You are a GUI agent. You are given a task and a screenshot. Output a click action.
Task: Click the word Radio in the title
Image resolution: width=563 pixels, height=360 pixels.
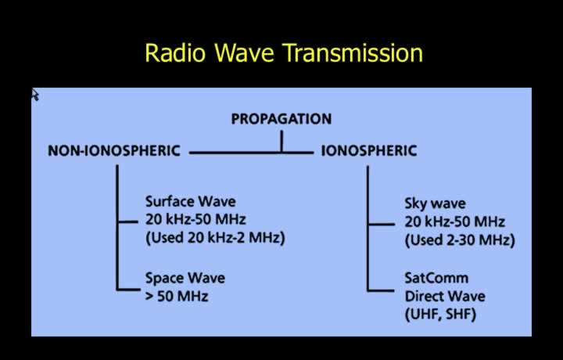click(x=176, y=52)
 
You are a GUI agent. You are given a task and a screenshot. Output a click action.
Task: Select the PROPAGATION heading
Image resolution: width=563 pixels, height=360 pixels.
click(x=281, y=119)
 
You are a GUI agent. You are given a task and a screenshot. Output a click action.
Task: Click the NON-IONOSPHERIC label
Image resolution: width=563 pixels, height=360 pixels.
click(x=114, y=150)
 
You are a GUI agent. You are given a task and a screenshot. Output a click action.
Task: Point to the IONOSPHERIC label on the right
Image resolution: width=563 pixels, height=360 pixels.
click(x=369, y=150)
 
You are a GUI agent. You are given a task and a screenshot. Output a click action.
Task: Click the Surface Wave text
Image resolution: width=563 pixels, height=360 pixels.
click(x=191, y=201)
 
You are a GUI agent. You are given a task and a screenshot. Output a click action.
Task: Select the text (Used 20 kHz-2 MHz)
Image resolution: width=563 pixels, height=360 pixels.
click(x=216, y=238)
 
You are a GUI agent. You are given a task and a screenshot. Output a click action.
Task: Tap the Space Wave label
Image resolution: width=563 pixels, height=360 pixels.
click(x=185, y=278)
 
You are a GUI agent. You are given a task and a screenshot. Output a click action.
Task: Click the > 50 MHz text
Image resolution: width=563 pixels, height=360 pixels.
click(x=177, y=297)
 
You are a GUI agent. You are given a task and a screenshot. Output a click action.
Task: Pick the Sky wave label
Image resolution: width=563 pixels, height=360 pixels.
click(x=436, y=203)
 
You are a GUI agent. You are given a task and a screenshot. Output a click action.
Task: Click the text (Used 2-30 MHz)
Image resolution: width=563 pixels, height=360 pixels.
click(x=460, y=240)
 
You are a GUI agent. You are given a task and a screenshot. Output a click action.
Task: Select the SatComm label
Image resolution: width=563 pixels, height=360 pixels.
click(x=436, y=278)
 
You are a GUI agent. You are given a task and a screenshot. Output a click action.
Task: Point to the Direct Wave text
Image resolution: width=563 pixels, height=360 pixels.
click(x=445, y=297)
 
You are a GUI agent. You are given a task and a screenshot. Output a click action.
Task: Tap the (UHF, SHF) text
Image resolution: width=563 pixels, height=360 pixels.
click(x=440, y=315)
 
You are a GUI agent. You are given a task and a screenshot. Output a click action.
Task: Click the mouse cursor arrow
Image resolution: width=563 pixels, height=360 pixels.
click(x=35, y=95)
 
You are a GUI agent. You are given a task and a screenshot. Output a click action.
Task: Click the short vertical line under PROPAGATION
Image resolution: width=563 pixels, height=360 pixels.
click(x=281, y=141)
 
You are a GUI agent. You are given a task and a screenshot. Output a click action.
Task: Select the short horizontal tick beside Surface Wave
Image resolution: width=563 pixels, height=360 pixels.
click(x=127, y=222)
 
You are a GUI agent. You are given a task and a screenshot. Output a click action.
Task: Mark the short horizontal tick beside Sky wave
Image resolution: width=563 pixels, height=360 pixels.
click(x=382, y=224)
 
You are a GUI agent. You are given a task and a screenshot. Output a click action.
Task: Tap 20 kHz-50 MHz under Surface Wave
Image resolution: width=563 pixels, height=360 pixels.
click(x=195, y=219)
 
